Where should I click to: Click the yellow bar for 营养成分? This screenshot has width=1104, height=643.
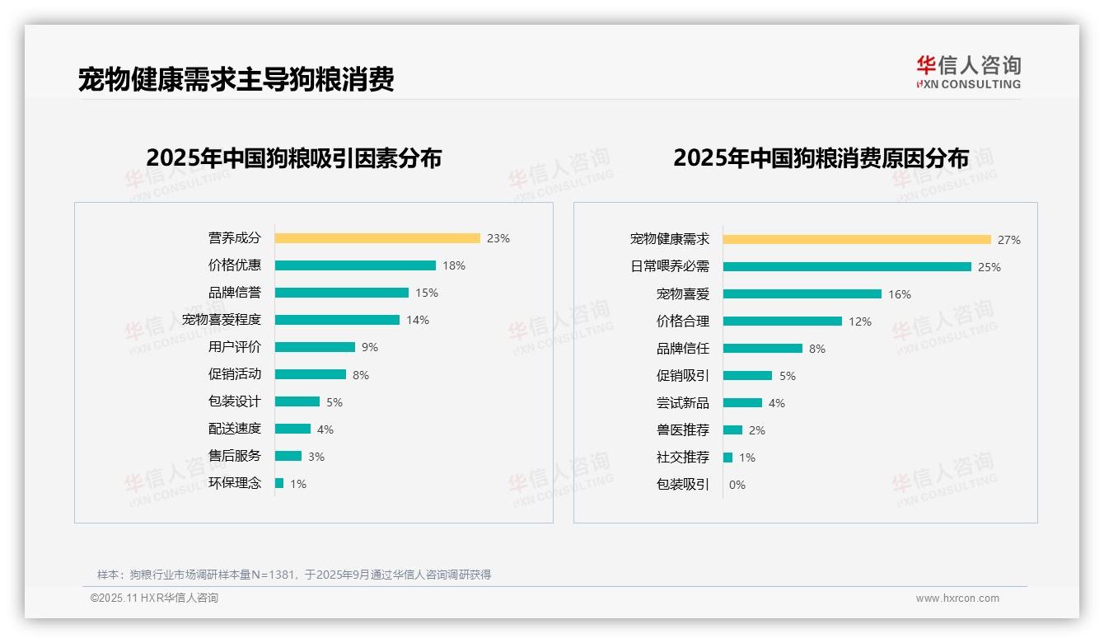click(x=377, y=238)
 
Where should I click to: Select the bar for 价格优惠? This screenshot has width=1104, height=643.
click(x=355, y=265)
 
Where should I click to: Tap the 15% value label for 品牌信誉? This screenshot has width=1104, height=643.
click(x=427, y=293)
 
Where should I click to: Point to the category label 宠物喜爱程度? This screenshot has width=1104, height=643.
click(x=222, y=320)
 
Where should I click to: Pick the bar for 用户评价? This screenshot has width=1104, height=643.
click(x=315, y=347)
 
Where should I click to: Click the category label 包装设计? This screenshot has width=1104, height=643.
click(x=235, y=401)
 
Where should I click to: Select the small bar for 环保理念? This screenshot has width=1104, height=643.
click(x=279, y=483)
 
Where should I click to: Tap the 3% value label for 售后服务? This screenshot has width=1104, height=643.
click(x=316, y=457)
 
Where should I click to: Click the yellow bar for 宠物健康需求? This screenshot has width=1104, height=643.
click(x=857, y=240)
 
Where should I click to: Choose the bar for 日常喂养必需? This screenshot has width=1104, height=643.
click(x=847, y=267)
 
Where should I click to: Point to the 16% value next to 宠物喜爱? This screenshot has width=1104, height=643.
click(x=900, y=294)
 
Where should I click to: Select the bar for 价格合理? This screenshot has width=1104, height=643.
click(x=783, y=321)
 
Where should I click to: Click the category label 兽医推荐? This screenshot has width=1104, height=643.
click(x=683, y=430)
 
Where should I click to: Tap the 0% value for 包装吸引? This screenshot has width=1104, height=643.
click(x=737, y=485)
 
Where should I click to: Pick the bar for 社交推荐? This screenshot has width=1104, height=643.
click(x=728, y=458)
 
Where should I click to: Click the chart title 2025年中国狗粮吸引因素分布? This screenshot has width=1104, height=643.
click(x=294, y=157)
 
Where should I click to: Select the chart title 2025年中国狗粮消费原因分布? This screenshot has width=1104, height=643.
click(x=821, y=157)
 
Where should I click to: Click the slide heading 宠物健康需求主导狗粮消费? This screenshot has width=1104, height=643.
click(x=236, y=79)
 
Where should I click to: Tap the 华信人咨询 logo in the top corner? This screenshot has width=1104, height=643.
click(x=969, y=72)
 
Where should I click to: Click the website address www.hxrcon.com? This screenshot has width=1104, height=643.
click(x=957, y=598)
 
